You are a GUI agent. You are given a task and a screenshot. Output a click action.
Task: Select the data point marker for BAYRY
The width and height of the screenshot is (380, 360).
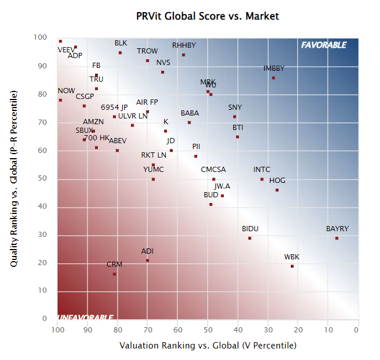(x=337, y=238)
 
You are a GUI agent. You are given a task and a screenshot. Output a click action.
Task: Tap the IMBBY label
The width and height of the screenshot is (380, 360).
(x=273, y=68)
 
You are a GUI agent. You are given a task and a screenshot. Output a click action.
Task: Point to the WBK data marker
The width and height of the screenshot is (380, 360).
(x=292, y=266)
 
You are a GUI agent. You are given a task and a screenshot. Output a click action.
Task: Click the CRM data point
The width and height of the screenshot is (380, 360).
(x=114, y=274)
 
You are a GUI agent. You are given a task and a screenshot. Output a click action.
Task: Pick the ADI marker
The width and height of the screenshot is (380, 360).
(x=147, y=261)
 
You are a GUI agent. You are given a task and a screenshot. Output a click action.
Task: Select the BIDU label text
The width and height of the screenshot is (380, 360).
(x=250, y=229)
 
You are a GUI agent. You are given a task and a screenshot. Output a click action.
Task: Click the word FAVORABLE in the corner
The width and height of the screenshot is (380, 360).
(x=324, y=45)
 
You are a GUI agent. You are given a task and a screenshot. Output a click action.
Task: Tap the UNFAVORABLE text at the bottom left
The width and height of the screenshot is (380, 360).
(x=85, y=317)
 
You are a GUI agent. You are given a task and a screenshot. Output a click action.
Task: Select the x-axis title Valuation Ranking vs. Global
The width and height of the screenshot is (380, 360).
(x=207, y=346)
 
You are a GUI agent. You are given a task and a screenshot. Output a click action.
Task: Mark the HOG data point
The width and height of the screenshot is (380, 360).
(x=277, y=190)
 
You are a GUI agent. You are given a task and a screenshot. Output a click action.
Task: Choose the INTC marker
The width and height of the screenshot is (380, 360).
(x=262, y=179)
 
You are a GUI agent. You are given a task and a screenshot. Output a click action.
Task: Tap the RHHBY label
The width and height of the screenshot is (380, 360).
(x=184, y=45)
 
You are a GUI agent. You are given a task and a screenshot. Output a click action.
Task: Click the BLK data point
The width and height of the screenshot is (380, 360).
(x=120, y=53)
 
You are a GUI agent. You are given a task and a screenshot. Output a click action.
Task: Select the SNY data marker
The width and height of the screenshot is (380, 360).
(x=234, y=117)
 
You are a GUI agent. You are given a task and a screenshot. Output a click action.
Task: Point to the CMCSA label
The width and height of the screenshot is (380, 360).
(x=213, y=170)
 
